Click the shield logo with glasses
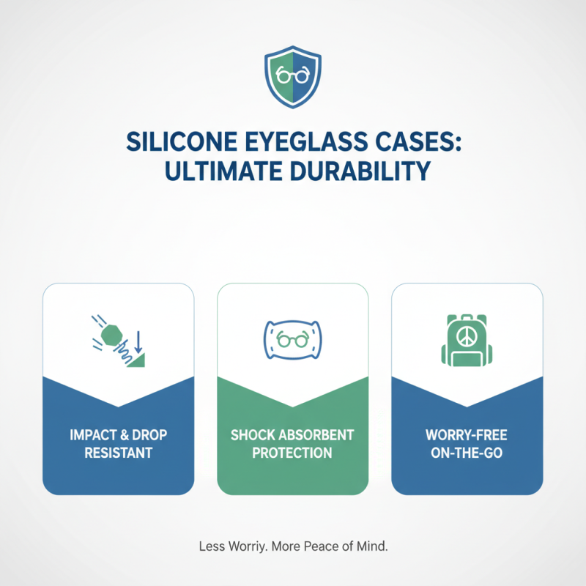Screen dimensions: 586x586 (x=292, y=78)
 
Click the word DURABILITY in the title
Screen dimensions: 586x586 (x=357, y=171)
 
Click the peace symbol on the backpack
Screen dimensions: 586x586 (x=467, y=333)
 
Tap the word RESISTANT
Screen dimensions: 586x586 (x=118, y=453)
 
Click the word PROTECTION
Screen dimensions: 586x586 (x=292, y=453)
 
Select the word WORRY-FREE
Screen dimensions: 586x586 (x=467, y=435)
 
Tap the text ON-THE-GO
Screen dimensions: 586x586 (x=467, y=453)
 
